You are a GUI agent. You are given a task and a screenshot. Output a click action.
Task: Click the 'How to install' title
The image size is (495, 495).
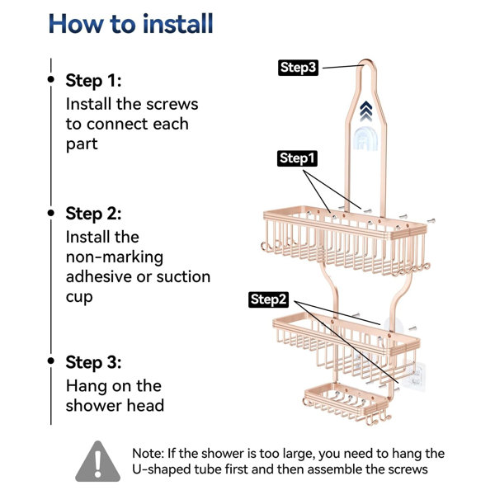point(130,24)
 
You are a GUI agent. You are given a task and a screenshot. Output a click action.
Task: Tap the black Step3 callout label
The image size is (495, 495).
point(298,68)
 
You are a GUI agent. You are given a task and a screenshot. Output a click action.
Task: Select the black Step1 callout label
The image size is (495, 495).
point(297,158)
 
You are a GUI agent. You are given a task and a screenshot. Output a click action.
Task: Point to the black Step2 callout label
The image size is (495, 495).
point(268,299)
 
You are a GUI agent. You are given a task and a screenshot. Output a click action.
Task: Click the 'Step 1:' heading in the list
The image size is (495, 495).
point(93,81)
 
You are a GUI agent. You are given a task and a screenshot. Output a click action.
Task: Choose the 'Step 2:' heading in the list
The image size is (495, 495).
point(93,214)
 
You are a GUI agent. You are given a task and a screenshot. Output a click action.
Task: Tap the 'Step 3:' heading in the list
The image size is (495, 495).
point(93,362)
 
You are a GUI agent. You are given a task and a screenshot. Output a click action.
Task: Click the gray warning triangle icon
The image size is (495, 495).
point(98,461)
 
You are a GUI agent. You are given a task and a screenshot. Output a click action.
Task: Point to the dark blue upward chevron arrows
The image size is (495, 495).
point(365,111)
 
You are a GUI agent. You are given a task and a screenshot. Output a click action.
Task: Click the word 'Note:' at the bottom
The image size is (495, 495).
point(148,454)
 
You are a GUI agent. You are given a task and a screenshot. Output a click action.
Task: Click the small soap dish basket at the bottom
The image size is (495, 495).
point(347,403)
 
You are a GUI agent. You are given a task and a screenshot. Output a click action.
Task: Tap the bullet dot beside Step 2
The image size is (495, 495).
point(51,213)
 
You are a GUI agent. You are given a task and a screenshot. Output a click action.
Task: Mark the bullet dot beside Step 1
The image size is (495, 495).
point(51,79)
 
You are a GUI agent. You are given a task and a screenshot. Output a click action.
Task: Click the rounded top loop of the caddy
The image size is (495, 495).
point(366,60)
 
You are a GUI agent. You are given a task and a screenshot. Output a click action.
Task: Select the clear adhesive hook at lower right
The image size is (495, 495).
point(416,377)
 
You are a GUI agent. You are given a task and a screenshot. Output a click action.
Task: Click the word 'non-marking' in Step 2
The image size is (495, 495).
point(115,257)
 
